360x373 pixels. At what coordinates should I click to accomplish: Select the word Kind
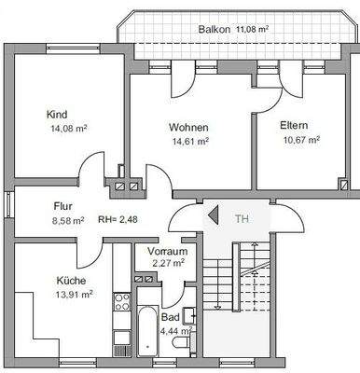click(x=57, y=115)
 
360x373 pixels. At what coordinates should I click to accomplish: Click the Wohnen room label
click(x=187, y=127)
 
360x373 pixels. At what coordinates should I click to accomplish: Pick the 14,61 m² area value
click(x=187, y=142)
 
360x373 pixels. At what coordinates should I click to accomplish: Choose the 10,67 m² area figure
click(x=300, y=140)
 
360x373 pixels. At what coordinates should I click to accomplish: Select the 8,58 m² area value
click(x=64, y=222)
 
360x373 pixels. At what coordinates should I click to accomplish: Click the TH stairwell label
click(x=242, y=219)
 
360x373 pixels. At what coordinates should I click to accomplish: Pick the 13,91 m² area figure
click(x=75, y=294)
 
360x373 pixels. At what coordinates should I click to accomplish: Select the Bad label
click(x=171, y=317)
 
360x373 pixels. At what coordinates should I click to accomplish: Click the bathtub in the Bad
click(x=146, y=337)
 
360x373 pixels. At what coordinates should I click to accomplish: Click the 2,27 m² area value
click(x=167, y=263)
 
